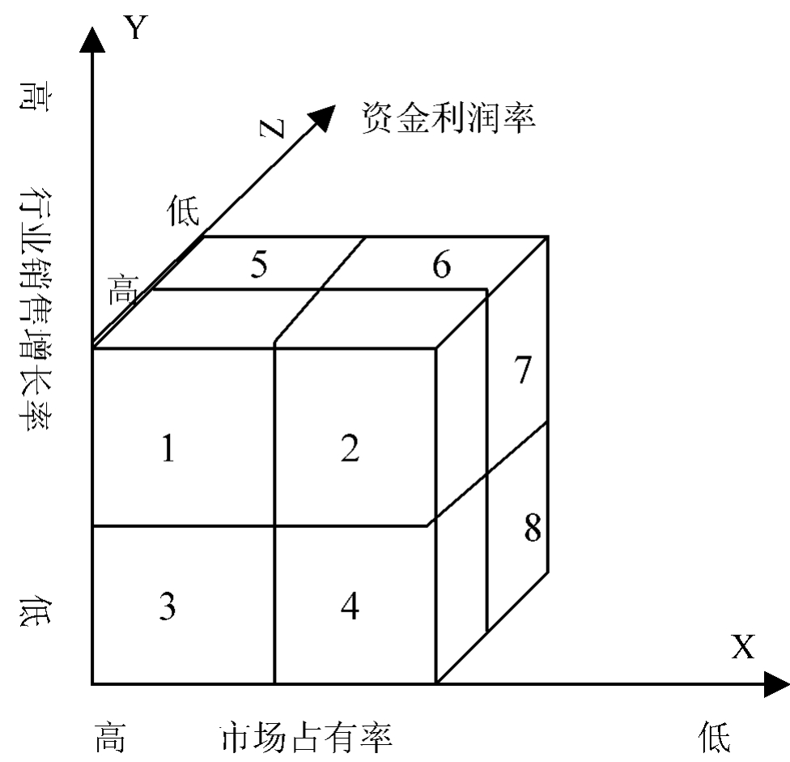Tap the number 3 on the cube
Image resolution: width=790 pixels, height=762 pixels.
click(x=167, y=607)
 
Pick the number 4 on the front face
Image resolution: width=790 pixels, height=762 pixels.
click(x=350, y=607)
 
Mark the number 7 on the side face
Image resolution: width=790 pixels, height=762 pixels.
click(x=523, y=370)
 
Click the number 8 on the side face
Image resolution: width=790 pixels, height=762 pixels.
click(x=531, y=530)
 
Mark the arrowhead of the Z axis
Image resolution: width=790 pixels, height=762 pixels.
click(x=323, y=117)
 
